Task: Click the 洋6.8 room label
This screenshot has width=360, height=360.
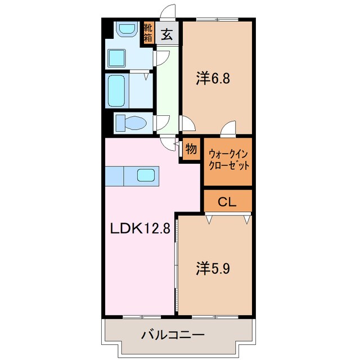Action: [213, 79]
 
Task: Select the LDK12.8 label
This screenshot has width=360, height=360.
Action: [139, 229]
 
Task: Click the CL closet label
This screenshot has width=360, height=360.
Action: [227, 200]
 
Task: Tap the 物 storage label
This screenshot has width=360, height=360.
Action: [191, 150]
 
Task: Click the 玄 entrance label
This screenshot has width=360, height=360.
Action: [167, 34]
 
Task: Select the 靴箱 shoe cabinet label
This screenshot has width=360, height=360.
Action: [148, 33]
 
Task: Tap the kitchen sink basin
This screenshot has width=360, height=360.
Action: [146, 176]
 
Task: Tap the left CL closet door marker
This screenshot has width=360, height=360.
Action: [209, 219]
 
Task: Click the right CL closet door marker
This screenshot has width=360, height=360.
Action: [246, 219]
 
